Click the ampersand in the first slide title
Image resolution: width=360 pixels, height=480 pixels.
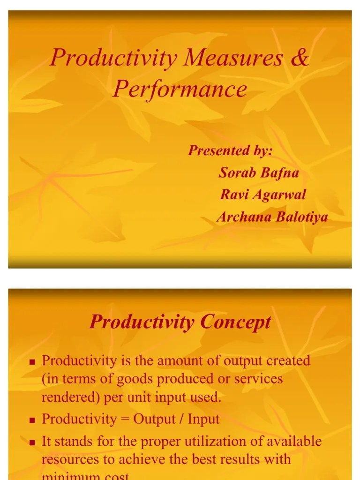point(300,58)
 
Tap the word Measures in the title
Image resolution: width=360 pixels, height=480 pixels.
point(233,58)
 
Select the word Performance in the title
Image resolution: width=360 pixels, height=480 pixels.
point(180,89)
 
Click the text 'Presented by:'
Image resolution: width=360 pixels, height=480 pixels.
point(230,150)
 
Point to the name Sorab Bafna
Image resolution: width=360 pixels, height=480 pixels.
point(259,173)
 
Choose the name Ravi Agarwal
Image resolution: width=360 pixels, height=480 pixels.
point(262,195)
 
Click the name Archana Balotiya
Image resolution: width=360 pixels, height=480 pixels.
point(272,217)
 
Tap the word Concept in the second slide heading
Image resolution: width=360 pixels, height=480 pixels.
point(236,322)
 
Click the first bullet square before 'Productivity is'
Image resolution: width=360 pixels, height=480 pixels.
point(33,362)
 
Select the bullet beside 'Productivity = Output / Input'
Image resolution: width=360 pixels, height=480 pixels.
point(33,420)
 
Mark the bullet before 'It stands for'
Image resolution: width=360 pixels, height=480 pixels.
point(33,442)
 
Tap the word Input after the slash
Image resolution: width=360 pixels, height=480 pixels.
point(203,419)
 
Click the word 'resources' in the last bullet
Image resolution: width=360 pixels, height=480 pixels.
point(71,459)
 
